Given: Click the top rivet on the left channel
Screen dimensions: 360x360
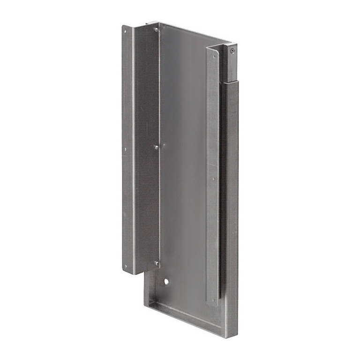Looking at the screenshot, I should point(156,30).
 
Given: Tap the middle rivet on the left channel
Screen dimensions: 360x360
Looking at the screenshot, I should point(156,147).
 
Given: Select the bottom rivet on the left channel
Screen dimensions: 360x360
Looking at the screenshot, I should point(157,264).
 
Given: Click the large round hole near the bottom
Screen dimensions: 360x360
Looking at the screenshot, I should point(166,283).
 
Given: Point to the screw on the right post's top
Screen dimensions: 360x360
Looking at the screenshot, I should point(232,49).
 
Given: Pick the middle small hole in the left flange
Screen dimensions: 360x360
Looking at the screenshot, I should point(125,150).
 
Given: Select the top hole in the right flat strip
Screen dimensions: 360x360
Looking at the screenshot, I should point(215,57).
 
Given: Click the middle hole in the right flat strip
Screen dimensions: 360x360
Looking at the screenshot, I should point(214,179).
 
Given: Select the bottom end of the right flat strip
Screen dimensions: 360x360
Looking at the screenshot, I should point(212,305).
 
